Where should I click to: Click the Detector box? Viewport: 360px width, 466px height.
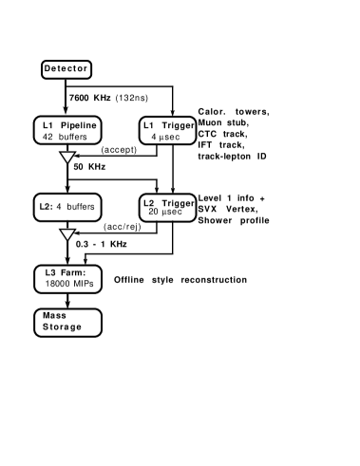[x=66, y=69]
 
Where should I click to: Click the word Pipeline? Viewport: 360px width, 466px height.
[x=79, y=126]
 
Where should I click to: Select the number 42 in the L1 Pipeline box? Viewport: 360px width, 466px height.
[x=47, y=137]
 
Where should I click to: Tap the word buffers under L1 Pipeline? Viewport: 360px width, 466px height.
[x=72, y=137]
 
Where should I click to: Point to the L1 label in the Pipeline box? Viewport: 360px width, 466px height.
[x=48, y=126]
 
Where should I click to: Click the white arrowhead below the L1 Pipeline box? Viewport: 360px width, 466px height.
[x=67, y=158]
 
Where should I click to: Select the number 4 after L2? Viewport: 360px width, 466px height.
[x=59, y=207]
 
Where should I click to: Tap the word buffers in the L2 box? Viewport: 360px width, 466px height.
[x=80, y=207]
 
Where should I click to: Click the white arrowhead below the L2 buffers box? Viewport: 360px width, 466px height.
[x=67, y=235]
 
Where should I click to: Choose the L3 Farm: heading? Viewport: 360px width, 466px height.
[x=66, y=274]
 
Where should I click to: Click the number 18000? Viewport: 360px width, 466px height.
[x=56, y=285]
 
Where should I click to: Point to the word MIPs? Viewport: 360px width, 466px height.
[x=84, y=285]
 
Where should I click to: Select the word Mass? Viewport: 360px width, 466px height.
[x=53, y=316]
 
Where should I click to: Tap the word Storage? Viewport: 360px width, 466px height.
[x=62, y=327]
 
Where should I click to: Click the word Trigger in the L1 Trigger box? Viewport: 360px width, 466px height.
[x=178, y=126]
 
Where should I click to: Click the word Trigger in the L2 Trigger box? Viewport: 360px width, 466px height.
[x=178, y=203]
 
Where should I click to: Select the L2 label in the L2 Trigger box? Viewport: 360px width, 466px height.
[x=148, y=203]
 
